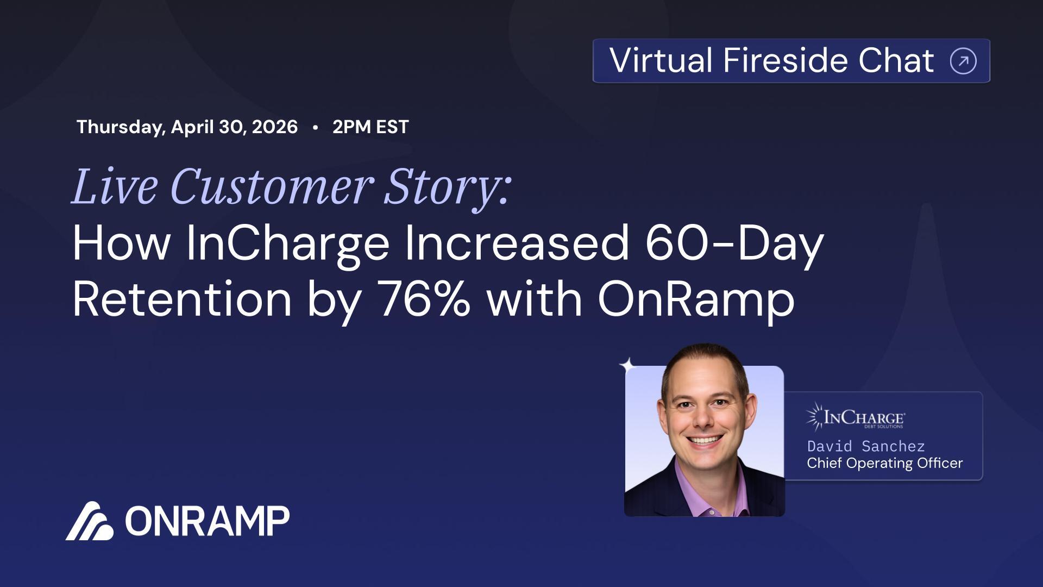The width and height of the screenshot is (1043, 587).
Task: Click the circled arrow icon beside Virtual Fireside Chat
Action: pyautogui.click(x=963, y=61)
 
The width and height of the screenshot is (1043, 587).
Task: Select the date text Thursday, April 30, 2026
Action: pyautogui.click(x=187, y=127)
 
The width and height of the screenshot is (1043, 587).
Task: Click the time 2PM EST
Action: pyautogui.click(x=370, y=127)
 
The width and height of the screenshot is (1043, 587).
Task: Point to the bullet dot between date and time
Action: pyautogui.click(x=315, y=127)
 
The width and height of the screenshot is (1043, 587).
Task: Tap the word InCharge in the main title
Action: pyautogui.click(x=287, y=243)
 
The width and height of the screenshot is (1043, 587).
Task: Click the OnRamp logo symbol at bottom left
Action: pyautogui.click(x=90, y=521)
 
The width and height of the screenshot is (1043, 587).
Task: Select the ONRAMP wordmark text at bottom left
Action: pyautogui.click(x=207, y=521)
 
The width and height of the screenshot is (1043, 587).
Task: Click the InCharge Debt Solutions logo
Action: pyautogui.click(x=855, y=417)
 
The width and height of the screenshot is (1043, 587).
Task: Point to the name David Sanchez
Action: pyautogui.click(x=865, y=446)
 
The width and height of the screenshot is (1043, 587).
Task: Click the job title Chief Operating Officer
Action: pyautogui.click(x=884, y=463)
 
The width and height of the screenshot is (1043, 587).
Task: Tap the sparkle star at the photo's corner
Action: pyautogui.click(x=627, y=365)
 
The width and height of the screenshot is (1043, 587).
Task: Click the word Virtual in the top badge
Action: pyautogui.click(x=660, y=60)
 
